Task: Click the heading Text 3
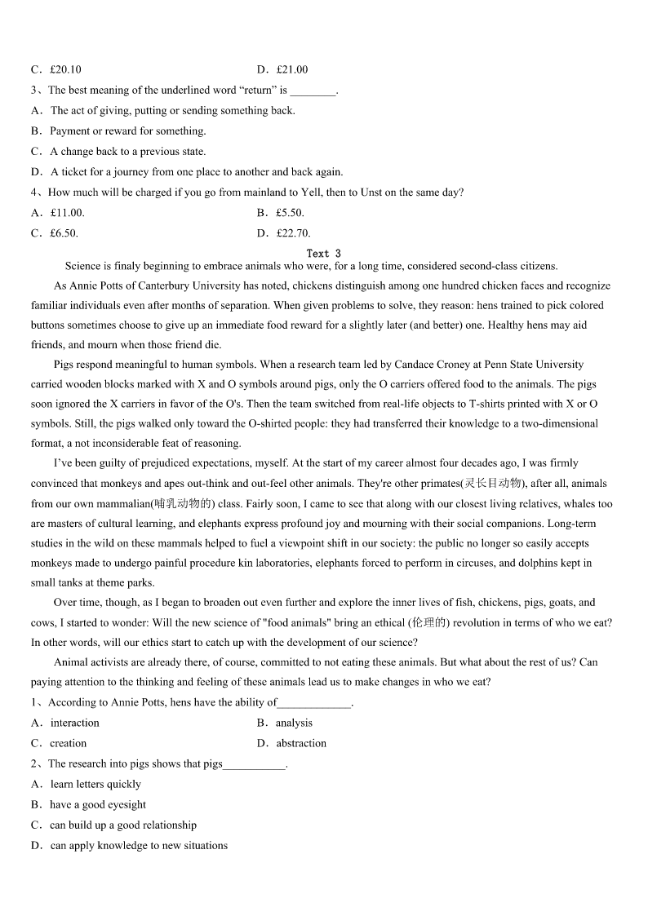(x=323, y=254)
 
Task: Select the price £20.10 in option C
(x=65, y=69)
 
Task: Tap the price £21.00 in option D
(x=292, y=69)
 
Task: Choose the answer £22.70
(x=293, y=233)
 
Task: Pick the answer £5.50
(x=290, y=213)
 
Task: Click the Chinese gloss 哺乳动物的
(x=183, y=504)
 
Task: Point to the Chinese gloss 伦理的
(x=447, y=622)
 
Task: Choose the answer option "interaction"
(x=74, y=723)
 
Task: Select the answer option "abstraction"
(x=301, y=743)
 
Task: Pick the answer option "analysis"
(x=294, y=723)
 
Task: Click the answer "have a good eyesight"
(x=98, y=804)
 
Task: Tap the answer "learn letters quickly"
(x=95, y=784)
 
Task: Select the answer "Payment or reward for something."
(x=128, y=131)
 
